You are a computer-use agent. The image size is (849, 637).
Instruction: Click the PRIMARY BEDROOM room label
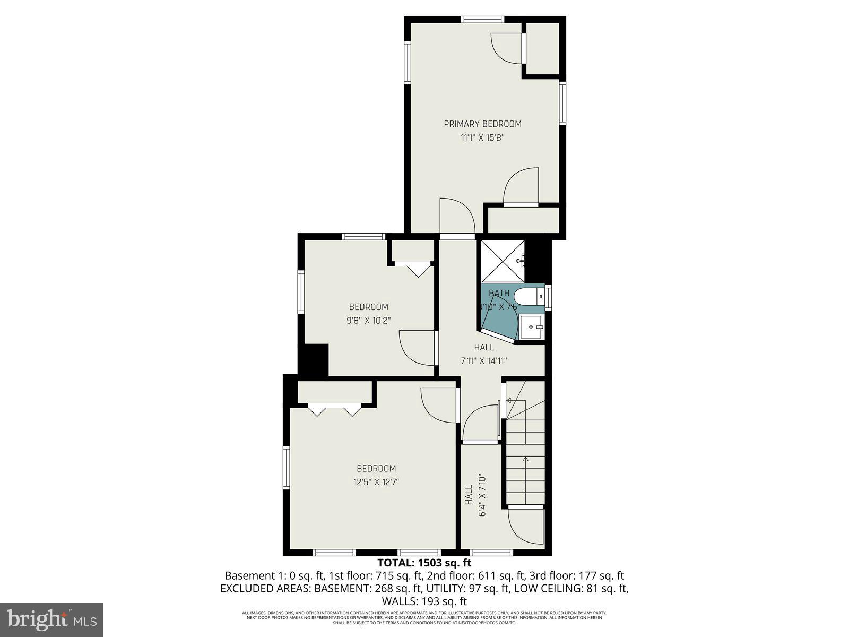[x=482, y=124]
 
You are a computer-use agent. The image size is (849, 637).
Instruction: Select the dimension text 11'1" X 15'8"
[x=482, y=138]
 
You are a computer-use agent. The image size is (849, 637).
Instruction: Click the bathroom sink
[x=531, y=327]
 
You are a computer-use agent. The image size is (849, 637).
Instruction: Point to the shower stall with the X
[x=502, y=261]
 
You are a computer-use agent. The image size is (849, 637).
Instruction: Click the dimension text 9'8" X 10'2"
[x=368, y=320]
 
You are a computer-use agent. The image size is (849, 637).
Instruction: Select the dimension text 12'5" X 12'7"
[x=376, y=482]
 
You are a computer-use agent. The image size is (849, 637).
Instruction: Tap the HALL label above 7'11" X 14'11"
[x=484, y=347]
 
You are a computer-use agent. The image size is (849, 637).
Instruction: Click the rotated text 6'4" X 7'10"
[x=482, y=495]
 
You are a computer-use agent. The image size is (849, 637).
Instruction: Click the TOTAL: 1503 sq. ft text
[x=424, y=563]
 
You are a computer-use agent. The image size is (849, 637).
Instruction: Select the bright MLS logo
[x=51, y=619]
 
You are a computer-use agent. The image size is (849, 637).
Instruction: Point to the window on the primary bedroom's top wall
[x=482, y=20]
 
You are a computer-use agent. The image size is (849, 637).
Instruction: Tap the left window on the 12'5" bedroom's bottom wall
[x=334, y=552]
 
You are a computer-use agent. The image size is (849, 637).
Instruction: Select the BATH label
[x=499, y=293]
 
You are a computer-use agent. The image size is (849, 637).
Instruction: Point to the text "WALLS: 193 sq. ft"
[x=424, y=601]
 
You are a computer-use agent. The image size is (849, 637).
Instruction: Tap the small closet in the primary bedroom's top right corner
[x=542, y=49]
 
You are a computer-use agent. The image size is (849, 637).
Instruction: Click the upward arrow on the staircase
[x=525, y=460]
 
